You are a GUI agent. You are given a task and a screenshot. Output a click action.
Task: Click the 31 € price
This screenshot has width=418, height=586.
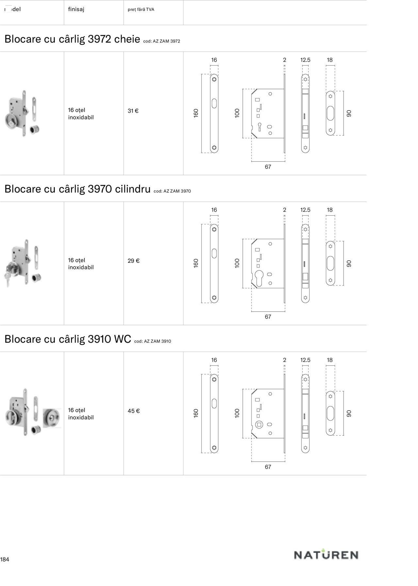coord(133,111)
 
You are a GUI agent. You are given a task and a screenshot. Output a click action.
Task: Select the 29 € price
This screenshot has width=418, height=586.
coord(133,261)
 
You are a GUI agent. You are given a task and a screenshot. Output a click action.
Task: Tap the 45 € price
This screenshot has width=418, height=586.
coord(134,411)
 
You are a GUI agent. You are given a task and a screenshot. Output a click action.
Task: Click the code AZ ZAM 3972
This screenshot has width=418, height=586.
coord(166,41)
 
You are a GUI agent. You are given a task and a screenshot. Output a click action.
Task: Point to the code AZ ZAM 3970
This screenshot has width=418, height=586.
coord(177,191)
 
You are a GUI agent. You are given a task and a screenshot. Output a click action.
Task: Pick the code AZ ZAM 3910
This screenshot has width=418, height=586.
coord(157,341)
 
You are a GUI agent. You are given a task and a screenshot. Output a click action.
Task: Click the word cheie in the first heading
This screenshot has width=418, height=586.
coord(127,39)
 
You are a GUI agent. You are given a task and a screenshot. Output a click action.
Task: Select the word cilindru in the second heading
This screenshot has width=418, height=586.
coord(133,189)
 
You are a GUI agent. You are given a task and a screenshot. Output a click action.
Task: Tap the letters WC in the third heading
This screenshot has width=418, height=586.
coord(122,339)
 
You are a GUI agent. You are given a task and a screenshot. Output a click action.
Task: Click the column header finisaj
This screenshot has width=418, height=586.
coord(76,9)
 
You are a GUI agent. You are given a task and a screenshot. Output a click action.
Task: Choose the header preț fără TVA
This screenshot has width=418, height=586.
coord(141,9)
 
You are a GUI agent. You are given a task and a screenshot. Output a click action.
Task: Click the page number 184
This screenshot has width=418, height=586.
coord(5,560)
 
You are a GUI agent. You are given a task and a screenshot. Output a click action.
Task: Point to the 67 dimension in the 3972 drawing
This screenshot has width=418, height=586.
coord(268,167)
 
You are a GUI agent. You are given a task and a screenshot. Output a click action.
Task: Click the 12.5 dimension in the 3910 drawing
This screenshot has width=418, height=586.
coord(305,360)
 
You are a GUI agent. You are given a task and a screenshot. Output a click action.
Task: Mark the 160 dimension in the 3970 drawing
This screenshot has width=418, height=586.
coord(196,263)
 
